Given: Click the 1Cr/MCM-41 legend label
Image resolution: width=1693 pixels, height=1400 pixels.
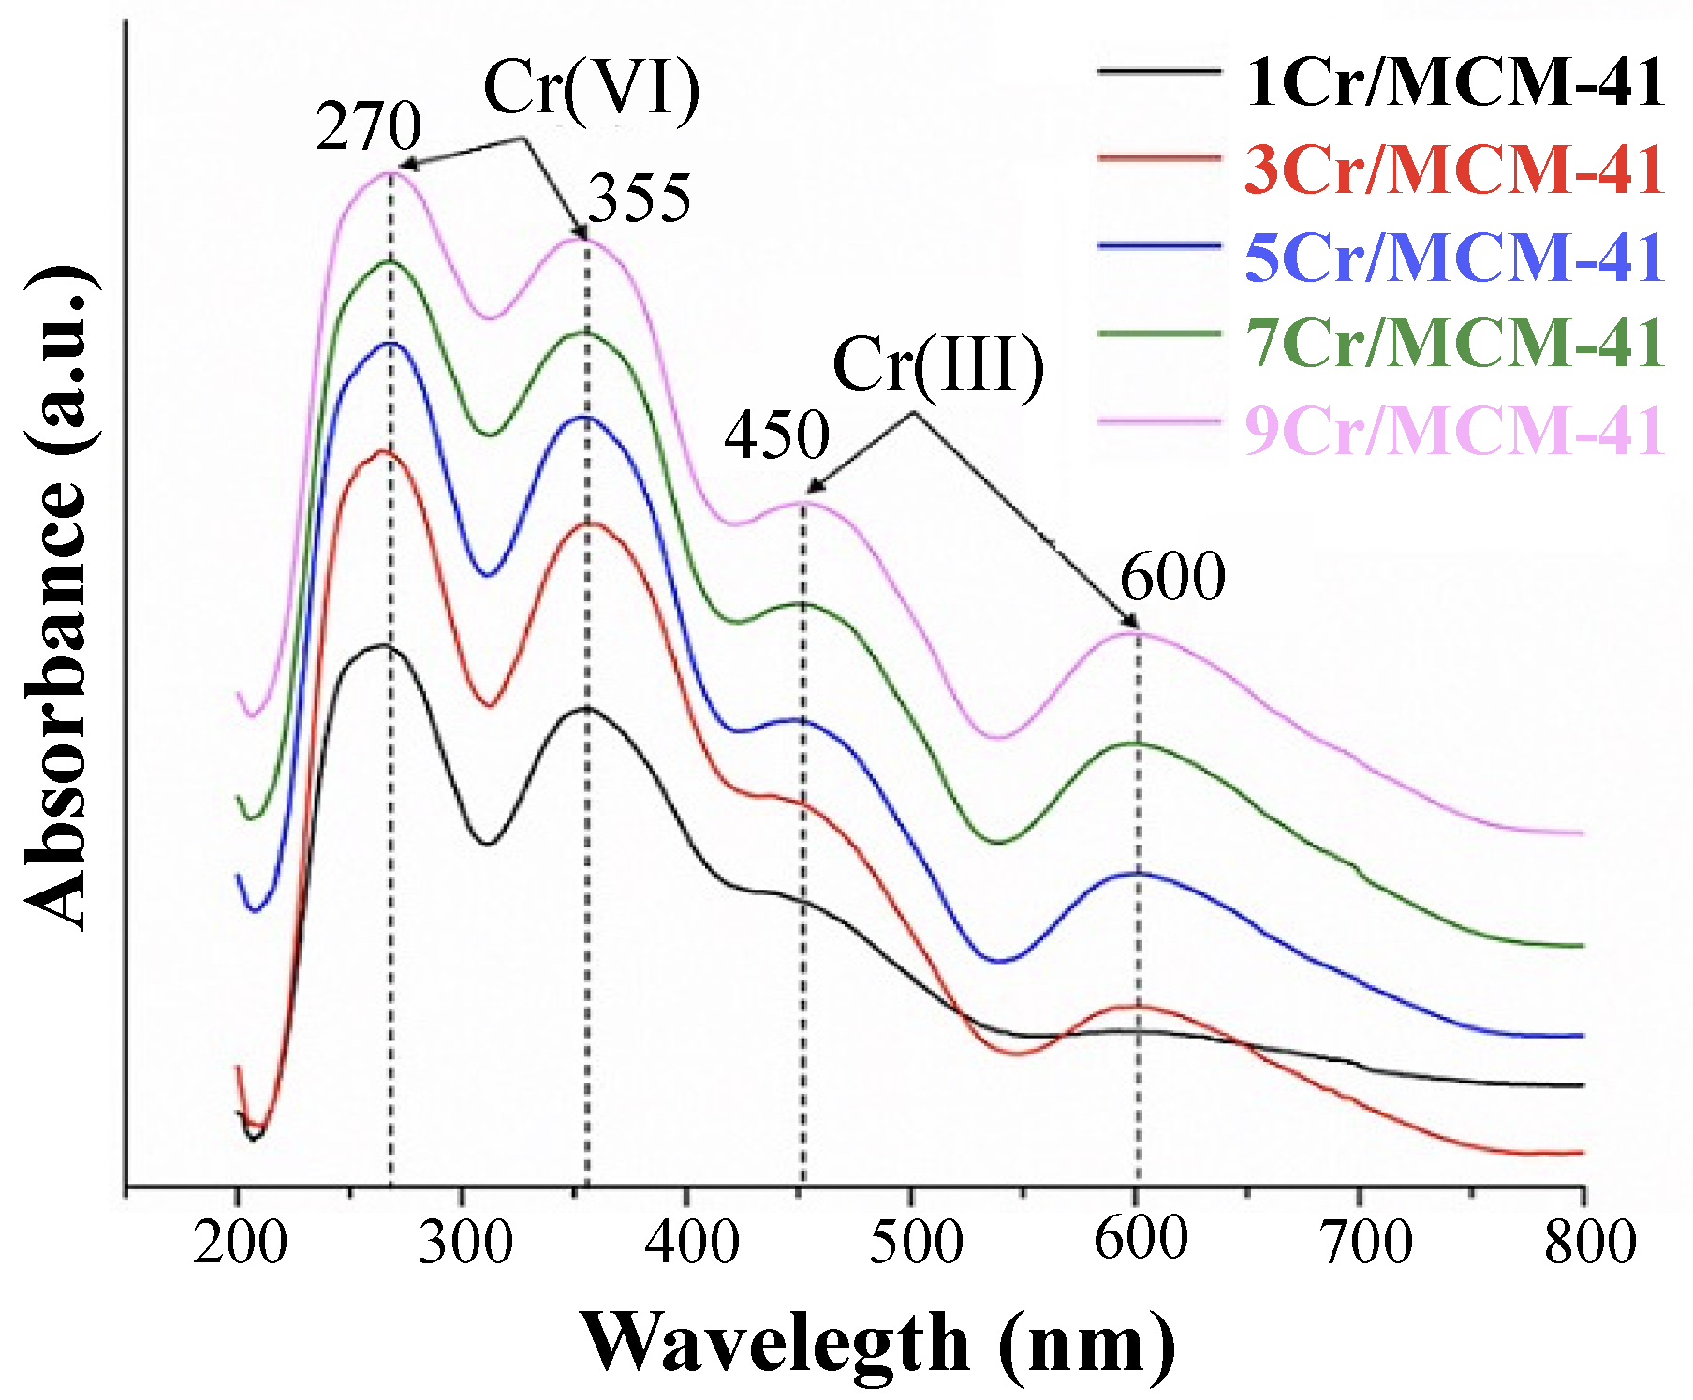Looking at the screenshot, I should point(1454,82).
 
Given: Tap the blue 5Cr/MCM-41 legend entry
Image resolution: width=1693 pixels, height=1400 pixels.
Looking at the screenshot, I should point(1454,257).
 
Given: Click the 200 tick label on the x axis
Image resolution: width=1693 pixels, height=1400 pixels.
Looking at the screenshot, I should point(240,1245).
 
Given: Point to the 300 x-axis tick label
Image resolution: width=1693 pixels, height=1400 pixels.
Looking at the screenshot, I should point(464,1245).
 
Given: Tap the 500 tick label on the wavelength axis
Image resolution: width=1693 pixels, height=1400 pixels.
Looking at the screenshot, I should point(915,1245).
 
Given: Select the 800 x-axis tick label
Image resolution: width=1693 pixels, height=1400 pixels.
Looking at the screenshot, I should point(1589,1245).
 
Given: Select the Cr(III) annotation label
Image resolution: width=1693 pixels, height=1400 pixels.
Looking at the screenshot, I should point(938,365).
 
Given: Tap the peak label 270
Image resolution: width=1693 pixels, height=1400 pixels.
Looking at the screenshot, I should point(368,127).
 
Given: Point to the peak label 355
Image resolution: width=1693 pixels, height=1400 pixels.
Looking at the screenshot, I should point(640,199).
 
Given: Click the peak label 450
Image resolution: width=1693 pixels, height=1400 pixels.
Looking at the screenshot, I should point(776,435).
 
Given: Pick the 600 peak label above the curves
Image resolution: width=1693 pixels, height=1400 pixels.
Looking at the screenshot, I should point(1172,577).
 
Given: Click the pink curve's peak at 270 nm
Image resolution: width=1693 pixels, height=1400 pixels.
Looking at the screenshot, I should point(389,172).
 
